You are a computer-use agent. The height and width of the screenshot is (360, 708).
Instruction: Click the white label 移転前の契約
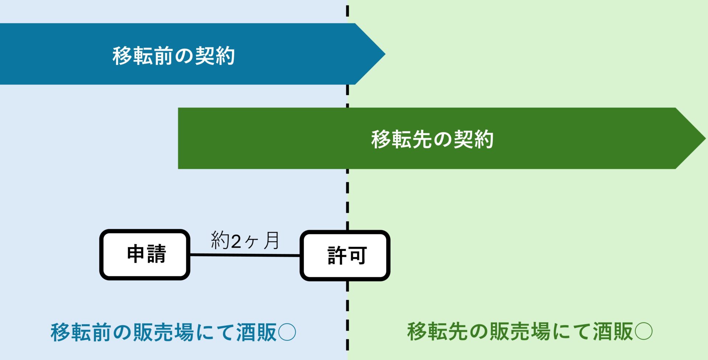(174, 56)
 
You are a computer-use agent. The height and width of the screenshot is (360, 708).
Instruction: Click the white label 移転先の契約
(432, 139)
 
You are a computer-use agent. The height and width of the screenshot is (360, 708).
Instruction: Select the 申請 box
(145, 255)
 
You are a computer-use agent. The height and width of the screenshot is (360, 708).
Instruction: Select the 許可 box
(345, 255)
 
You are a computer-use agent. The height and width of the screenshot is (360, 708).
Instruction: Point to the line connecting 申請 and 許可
(245, 255)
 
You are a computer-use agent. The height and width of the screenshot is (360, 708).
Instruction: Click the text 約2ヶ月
(245, 240)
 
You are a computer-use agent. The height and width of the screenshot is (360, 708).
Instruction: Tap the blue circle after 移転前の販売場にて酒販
(287, 332)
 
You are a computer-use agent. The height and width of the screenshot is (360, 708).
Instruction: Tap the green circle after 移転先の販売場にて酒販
(643, 331)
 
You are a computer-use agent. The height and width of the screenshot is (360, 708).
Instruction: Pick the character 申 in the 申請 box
(136, 254)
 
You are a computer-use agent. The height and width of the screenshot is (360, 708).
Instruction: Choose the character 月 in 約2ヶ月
(271, 240)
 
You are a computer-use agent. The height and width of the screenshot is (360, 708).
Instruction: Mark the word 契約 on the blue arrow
(215, 56)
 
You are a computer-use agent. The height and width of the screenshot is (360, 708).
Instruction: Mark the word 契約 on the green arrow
(473, 139)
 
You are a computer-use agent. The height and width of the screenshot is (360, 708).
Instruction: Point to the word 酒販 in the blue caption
(256, 332)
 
